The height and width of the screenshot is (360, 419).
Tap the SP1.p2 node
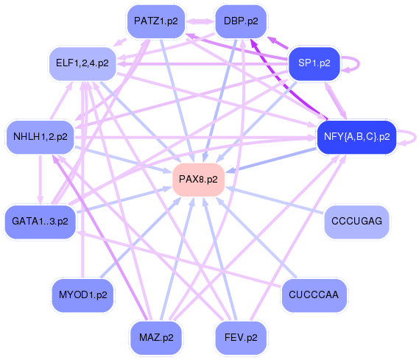314,63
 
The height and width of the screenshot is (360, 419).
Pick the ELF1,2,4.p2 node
82,63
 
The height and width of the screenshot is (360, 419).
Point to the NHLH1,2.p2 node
41,136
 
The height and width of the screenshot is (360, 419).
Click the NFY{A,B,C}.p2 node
356,136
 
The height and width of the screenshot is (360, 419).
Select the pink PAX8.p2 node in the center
198,180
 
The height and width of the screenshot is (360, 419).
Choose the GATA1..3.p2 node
41,221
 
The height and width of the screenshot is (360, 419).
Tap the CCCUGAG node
356,221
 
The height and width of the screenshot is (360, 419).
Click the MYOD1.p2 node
82,295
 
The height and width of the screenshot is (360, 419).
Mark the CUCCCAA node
314,295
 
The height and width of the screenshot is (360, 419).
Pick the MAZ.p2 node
156,338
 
